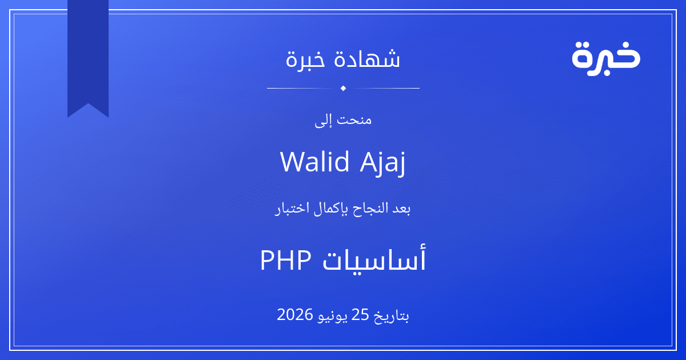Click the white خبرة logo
coord(606,59)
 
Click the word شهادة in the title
coord(367,58)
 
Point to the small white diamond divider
coord(343,88)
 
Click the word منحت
coord(354,120)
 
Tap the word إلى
coord(323,121)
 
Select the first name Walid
coord(315,161)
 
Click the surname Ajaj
coord(383,163)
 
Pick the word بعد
coord(401,209)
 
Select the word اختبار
coord(292,209)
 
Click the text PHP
coord(286,260)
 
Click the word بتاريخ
coord(391,316)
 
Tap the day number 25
coord(360,315)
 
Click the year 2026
coord(294,315)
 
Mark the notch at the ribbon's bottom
coord(88,104)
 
